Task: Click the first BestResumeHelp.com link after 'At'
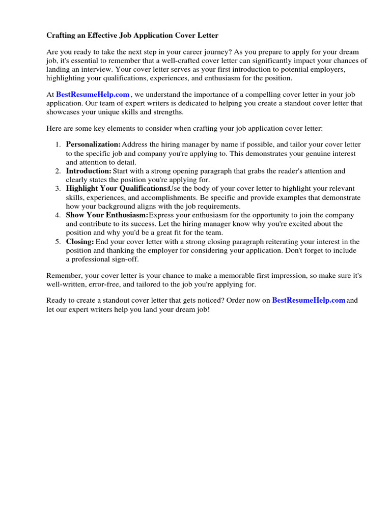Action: (x=93, y=95)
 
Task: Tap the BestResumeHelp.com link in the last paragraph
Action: (x=309, y=301)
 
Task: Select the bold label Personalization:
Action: (x=93, y=145)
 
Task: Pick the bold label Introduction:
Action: (x=89, y=171)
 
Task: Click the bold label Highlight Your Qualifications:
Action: (x=117, y=189)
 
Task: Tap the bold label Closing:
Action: (x=80, y=242)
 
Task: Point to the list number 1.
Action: (x=58, y=145)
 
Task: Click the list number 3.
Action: (x=58, y=189)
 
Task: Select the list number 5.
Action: (x=58, y=242)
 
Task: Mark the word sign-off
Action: (x=122, y=259)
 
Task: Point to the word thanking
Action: (x=115, y=250)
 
